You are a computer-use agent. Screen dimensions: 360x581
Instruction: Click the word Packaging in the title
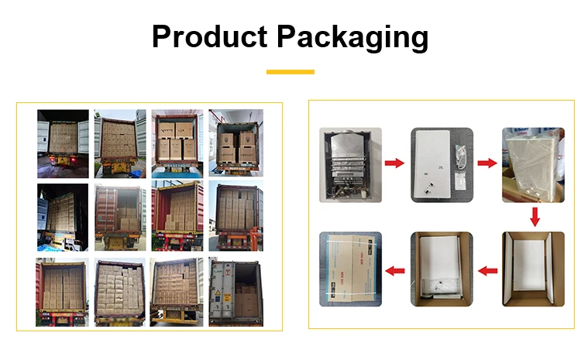tap(349, 37)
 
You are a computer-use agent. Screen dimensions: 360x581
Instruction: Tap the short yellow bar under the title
tap(290, 72)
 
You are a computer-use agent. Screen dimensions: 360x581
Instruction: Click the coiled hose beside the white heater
tap(461, 153)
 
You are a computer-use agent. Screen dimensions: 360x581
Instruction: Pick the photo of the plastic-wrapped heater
tap(533, 164)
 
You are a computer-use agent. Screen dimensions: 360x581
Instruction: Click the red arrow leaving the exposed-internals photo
tap(394, 163)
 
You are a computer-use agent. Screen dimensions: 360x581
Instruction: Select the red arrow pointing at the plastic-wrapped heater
tap(486, 163)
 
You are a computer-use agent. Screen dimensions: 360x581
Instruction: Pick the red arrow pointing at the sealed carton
tap(395, 271)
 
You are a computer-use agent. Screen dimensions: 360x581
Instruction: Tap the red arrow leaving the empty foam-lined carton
tap(486, 271)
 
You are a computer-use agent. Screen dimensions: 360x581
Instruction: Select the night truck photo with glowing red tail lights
tap(63, 144)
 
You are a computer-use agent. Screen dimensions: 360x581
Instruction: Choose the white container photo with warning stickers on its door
tap(235, 292)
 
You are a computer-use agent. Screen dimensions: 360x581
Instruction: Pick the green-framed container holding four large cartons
tap(235, 143)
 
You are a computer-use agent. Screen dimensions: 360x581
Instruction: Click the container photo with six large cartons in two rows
tap(177, 143)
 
